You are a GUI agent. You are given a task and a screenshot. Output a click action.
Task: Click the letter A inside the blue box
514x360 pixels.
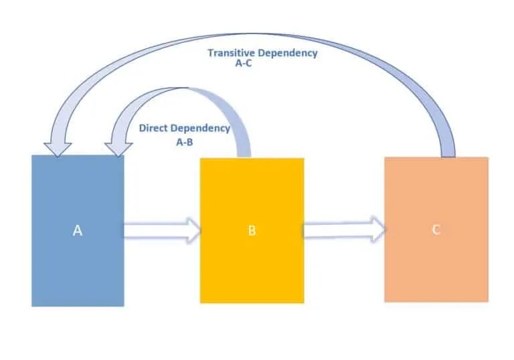point(78,230)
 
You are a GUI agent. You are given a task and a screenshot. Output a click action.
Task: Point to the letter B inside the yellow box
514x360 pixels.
point(252,231)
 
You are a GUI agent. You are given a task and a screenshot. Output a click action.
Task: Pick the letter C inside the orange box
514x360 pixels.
point(436,230)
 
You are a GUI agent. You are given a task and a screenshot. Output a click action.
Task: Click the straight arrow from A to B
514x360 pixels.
point(161,230)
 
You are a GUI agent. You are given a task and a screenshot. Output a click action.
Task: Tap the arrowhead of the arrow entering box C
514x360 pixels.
point(377,230)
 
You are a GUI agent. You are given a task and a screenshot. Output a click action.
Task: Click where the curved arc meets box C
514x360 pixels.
point(447,155)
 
